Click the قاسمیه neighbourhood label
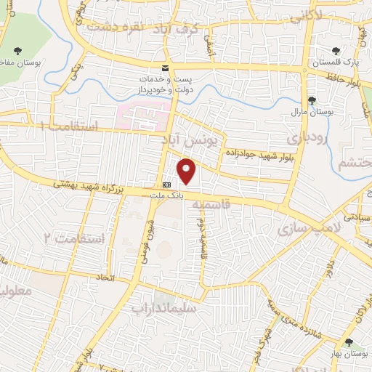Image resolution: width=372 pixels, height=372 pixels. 206,205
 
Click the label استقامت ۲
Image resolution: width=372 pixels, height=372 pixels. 75,238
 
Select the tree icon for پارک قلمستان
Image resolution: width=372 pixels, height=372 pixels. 335,52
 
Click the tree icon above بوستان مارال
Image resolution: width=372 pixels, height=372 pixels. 312,100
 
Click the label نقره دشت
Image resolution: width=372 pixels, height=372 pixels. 111,26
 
